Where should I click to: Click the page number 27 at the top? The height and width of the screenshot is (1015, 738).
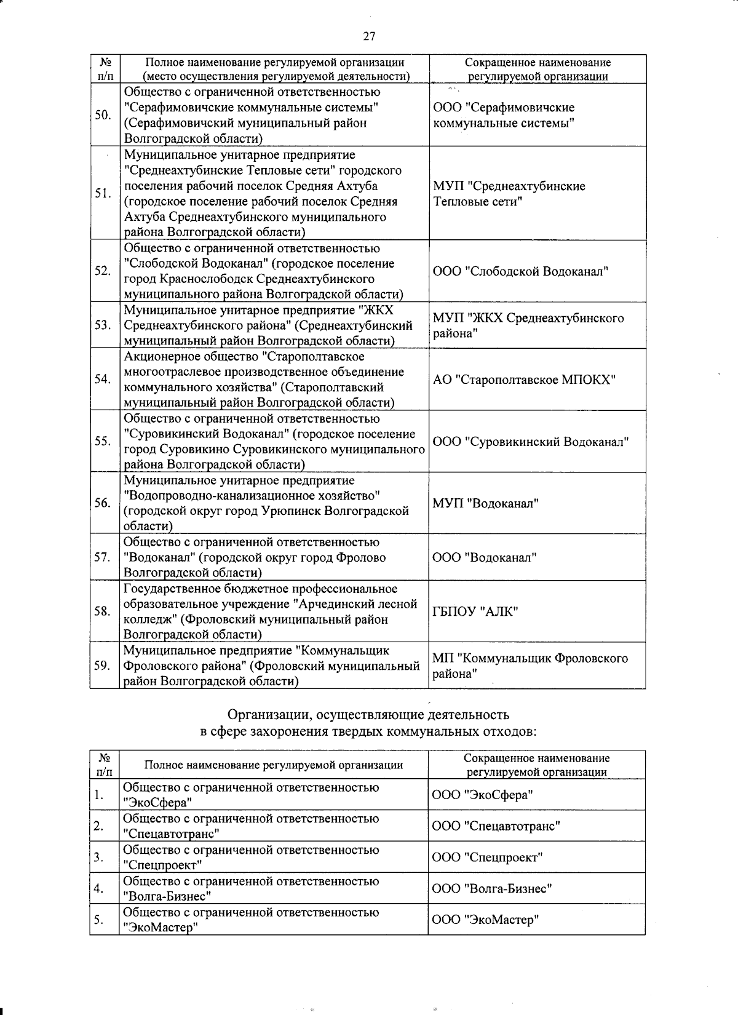tap(368, 36)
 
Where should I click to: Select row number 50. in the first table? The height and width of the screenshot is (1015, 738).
tap(103, 116)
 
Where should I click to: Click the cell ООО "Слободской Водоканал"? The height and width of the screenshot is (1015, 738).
tap(520, 271)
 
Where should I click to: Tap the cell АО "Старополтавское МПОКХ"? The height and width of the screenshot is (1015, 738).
tap(524, 380)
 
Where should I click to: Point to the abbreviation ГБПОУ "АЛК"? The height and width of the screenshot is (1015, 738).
tap(475, 611)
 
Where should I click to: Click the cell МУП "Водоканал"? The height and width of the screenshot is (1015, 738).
tap(485, 504)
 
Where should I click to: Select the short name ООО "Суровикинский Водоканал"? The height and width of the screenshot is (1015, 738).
tap(530, 442)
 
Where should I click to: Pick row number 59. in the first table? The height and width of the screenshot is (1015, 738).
tap(103, 666)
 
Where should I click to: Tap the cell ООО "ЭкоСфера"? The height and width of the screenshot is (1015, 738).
tap(482, 795)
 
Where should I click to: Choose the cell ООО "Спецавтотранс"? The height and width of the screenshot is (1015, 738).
tap(496, 826)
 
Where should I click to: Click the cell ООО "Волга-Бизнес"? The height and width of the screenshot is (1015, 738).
tap(491, 889)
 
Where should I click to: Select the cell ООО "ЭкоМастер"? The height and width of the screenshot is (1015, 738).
tap(485, 920)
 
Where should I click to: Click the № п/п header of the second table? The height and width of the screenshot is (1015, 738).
tap(103, 765)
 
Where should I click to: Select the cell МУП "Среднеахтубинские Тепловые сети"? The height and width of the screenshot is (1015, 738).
tap(509, 194)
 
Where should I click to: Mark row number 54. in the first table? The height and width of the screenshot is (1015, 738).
tap(103, 380)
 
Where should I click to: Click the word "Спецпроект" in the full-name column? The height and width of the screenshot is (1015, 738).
tap(162, 866)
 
